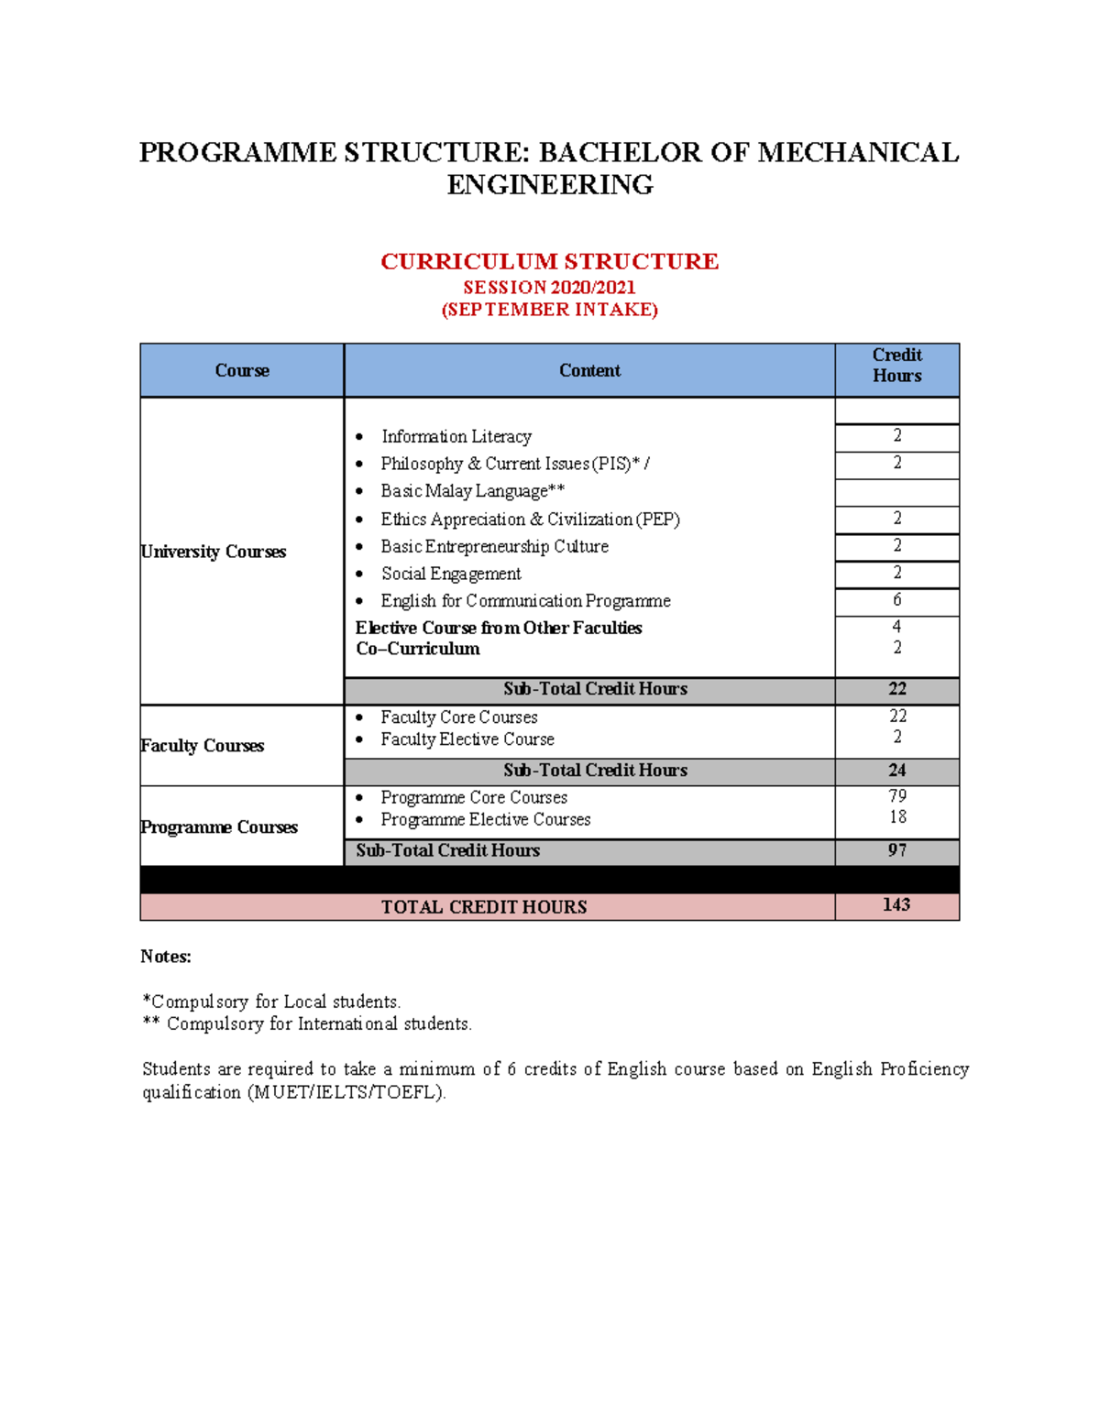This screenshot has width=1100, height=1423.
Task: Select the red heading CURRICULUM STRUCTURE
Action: (x=549, y=261)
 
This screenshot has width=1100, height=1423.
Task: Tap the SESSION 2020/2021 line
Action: (x=549, y=288)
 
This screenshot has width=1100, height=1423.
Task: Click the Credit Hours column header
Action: (x=896, y=366)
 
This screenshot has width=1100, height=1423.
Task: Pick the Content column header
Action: (x=589, y=370)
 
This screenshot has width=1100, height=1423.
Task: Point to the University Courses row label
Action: (x=214, y=552)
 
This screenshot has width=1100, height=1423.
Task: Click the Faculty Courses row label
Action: (x=203, y=746)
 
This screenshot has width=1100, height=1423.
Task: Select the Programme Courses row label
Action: (x=219, y=827)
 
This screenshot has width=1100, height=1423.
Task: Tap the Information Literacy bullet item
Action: (x=456, y=436)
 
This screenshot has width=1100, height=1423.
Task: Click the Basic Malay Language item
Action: (x=472, y=491)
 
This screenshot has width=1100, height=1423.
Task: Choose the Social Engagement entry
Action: (x=451, y=574)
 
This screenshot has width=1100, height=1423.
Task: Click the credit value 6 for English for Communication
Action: (x=896, y=600)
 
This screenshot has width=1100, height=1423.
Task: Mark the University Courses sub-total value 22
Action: (x=896, y=689)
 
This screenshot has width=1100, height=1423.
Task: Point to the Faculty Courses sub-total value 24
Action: (x=896, y=771)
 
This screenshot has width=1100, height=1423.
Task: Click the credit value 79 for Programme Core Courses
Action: (x=896, y=796)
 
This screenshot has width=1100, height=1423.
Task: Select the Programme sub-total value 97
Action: (x=896, y=850)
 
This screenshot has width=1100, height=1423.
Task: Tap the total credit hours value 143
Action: (x=896, y=905)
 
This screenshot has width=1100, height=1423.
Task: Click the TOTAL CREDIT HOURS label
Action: (x=484, y=907)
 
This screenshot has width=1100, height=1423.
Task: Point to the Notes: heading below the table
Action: (x=166, y=957)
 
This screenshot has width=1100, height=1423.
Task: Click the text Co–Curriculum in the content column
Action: (x=418, y=649)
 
